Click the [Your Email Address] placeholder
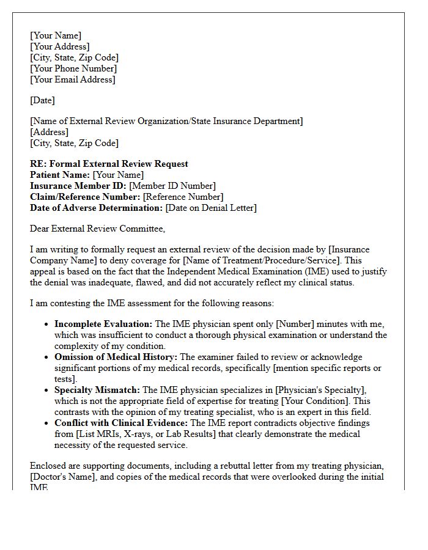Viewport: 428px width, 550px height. click(x=73, y=79)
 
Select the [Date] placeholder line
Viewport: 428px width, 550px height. click(x=42, y=100)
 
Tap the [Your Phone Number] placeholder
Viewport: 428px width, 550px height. click(x=73, y=68)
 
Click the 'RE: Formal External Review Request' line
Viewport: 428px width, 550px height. click(x=109, y=164)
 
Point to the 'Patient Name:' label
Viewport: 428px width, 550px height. click(x=60, y=175)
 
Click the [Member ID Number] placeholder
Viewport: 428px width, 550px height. click(x=172, y=186)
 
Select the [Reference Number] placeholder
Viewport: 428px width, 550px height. click(x=183, y=197)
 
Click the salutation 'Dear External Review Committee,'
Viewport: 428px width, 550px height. click(x=97, y=229)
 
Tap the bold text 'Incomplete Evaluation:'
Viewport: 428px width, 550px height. click(x=103, y=324)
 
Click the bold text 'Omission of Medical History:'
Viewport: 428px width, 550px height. click(x=116, y=357)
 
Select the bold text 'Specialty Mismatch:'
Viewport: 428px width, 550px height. click(x=97, y=390)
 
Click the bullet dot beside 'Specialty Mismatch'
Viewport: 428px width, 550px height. click(x=46, y=390)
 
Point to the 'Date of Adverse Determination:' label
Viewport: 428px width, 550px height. click(x=97, y=208)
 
